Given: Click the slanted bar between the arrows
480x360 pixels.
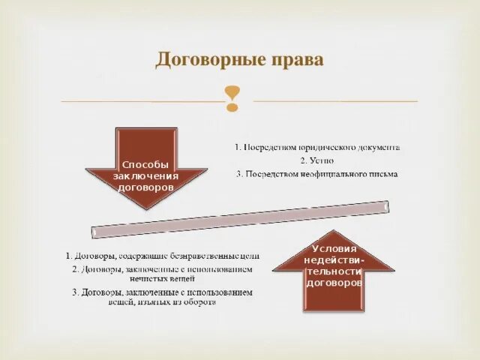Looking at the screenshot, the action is point(240,218).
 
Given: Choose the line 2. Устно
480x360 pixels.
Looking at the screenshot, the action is point(316,160).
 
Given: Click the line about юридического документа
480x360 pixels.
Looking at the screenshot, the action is point(316,148).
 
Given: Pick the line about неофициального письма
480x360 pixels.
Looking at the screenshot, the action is point(316,174).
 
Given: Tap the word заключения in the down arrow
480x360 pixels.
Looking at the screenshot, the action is point(146,175).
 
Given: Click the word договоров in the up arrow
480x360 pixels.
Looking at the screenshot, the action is point(334,283).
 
